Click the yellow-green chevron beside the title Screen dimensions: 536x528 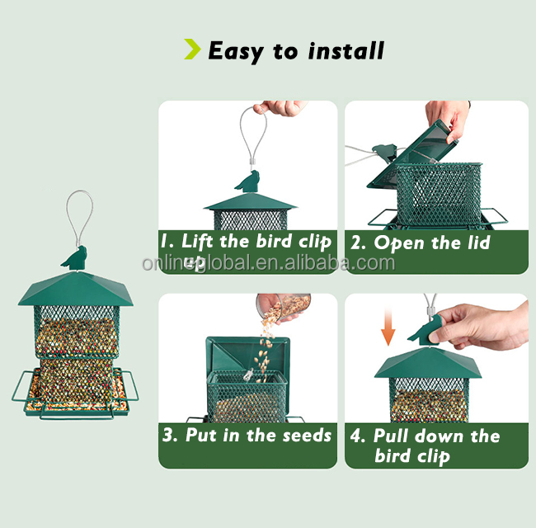coord(192,49)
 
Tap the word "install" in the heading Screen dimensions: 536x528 coord(346,51)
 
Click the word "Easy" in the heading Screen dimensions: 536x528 coord(236,52)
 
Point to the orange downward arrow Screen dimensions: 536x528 coord(388,327)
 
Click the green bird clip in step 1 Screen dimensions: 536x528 coord(248,182)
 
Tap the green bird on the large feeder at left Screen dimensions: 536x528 coord(74,258)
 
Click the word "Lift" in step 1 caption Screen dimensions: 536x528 coord(197,241)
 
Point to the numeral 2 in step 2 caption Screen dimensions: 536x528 coord(357,243)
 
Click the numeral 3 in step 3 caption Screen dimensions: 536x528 coord(169,436)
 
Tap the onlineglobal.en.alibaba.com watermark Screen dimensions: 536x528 coord(268,263)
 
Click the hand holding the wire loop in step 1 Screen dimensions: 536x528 coord(281,107)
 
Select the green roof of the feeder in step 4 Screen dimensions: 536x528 coord(428,363)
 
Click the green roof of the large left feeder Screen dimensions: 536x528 coord(76,289)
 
